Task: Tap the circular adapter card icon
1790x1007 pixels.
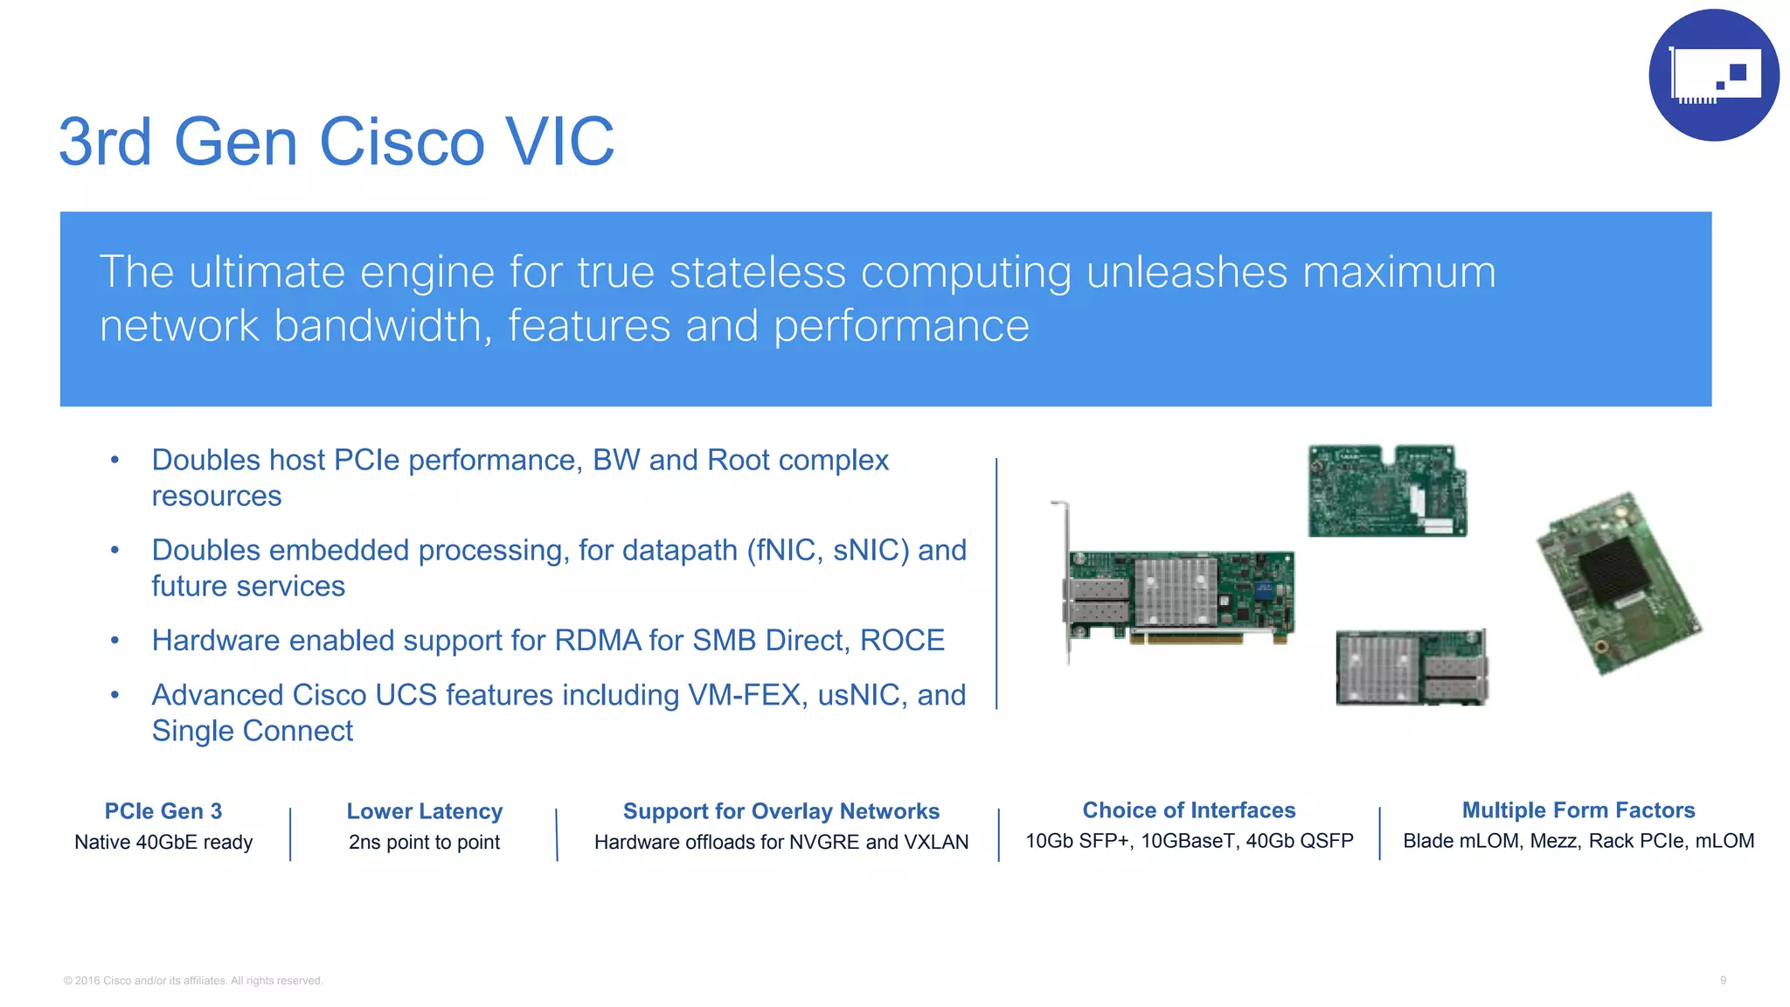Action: pos(1713,75)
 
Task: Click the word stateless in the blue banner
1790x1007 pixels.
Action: pos(757,272)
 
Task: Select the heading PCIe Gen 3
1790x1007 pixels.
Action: pos(163,811)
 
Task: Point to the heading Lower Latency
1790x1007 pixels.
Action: pos(425,811)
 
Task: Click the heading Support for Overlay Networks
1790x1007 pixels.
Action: pos(781,811)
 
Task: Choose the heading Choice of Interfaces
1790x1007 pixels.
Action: pos(1189,810)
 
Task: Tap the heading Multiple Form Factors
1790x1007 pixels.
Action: pos(1578,810)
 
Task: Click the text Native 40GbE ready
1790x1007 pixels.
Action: pos(163,842)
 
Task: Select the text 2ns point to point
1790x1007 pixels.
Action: pos(425,842)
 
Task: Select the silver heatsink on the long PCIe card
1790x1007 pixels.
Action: pos(1176,591)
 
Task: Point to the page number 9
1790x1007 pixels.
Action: pos(1723,980)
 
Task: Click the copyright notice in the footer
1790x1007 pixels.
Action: pos(193,981)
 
